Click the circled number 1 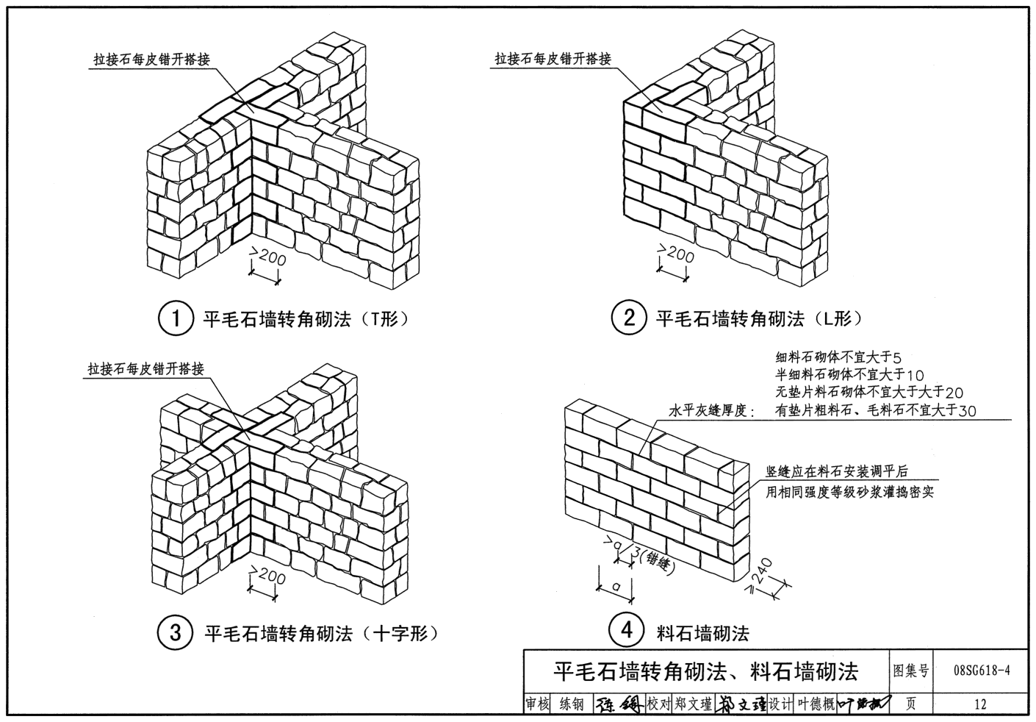click(176, 319)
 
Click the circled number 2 click(629, 318)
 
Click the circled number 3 click(176, 632)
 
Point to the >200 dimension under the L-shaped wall click(675, 256)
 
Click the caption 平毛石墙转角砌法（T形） click(305, 319)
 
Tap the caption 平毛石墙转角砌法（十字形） click(320, 633)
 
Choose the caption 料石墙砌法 click(702, 632)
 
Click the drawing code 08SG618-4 click(981, 671)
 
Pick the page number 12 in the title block click(980, 704)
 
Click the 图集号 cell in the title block click(911, 671)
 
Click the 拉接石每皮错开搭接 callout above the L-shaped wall click(553, 59)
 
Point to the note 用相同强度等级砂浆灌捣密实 click(849, 492)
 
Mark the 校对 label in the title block click(659, 704)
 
